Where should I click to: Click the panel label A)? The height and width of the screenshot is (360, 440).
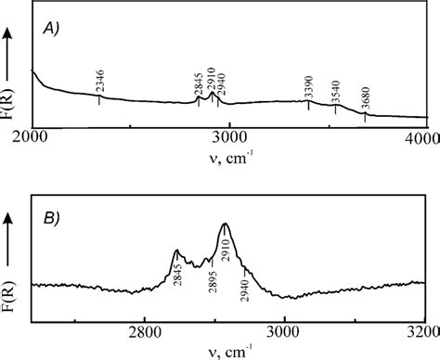(x=55, y=29)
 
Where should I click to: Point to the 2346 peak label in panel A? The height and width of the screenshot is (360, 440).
(x=99, y=81)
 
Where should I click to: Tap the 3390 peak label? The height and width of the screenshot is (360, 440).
(x=309, y=87)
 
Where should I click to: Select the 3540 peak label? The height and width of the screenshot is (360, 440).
(x=336, y=92)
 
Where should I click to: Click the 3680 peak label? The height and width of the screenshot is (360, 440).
(x=365, y=100)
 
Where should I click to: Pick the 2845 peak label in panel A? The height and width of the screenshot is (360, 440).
(x=198, y=84)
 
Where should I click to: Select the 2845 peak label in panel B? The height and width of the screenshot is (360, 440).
(x=176, y=280)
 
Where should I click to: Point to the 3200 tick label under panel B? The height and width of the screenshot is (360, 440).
(x=422, y=331)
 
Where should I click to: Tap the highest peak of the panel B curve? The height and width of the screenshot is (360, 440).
(x=225, y=225)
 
